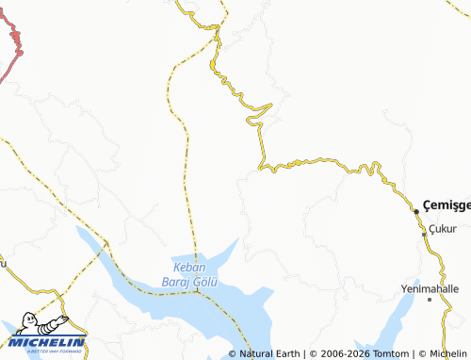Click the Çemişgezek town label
447,204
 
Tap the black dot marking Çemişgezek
416,211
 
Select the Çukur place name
442,229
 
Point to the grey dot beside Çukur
423,226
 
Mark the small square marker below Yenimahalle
430,300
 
